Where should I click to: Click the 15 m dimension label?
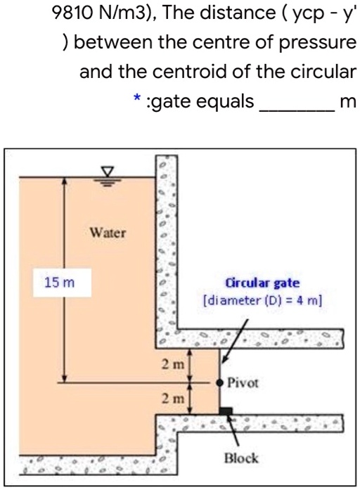click(x=59, y=283)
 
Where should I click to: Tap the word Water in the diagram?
click(x=108, y=233)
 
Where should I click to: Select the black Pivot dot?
click(x=220, y=382)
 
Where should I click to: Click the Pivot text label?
click(x=243, y=382)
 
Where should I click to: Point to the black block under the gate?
click(x=226, y=411)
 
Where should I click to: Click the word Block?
click(x=241, y=458)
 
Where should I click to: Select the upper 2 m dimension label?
click(x=173, y=364)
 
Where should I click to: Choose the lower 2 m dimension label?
click(x=173, y=399)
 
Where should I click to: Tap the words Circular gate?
click(x=262, y=283)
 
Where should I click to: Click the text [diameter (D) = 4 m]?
click(x=262, y=301)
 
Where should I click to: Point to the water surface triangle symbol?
click(x=107, y=172)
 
